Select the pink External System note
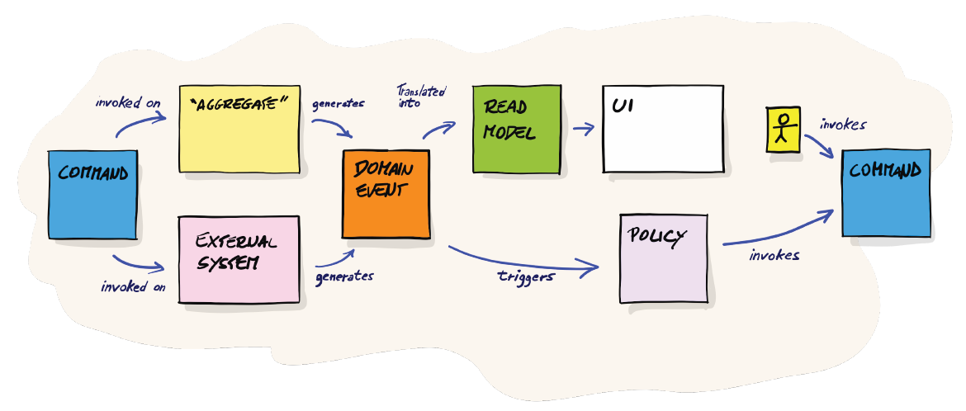(239, 259)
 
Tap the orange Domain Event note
(386, 195)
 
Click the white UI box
(662, 128)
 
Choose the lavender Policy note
(663, 257)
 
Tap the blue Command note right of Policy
(886, 192)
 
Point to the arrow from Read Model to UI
(582, 128)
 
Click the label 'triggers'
(525, 276)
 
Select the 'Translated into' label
(419, 96)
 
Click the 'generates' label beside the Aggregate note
(338, 104)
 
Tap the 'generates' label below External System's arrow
(344, 276)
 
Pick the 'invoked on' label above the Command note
(127, 103)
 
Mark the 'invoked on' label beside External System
(134, 286)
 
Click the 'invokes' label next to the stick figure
(843, 125)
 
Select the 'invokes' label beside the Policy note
(774, 255)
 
